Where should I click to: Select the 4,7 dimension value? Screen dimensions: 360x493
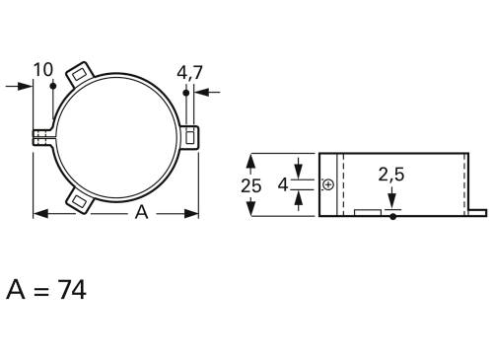189,72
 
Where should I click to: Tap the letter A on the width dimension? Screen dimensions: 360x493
140,214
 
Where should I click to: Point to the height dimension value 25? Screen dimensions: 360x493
250,184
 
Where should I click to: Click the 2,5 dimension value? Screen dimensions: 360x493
391,176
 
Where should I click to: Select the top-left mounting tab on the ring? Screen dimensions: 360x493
79,75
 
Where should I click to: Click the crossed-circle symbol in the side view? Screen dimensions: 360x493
327,184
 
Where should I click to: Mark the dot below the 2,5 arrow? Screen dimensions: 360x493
392,216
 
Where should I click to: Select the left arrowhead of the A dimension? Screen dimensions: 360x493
39,214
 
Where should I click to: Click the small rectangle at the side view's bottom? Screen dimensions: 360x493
367,211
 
